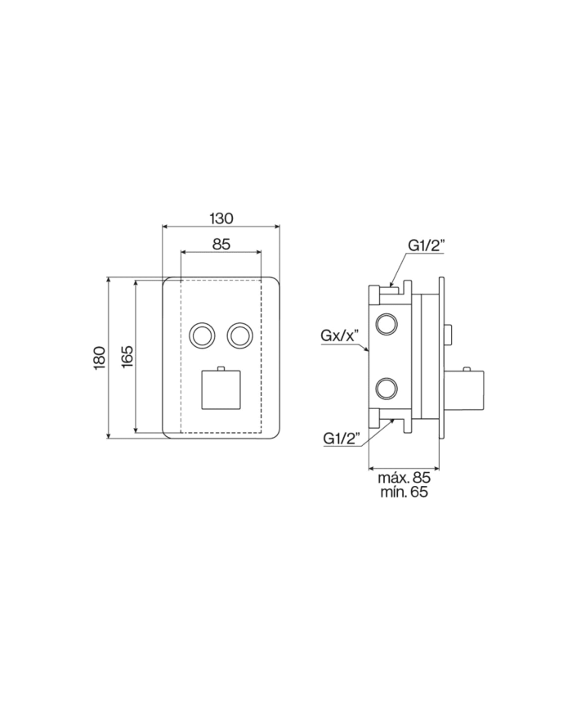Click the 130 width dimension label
click(221, 218)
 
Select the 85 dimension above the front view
click(221, 243)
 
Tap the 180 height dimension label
click(98, 358)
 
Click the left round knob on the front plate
click(201, 335)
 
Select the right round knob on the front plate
click(240, 335)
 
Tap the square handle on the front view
click(221, 390)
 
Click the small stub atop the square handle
click(221, 367)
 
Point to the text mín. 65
click(404, 493)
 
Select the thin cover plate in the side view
click(442, 358)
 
